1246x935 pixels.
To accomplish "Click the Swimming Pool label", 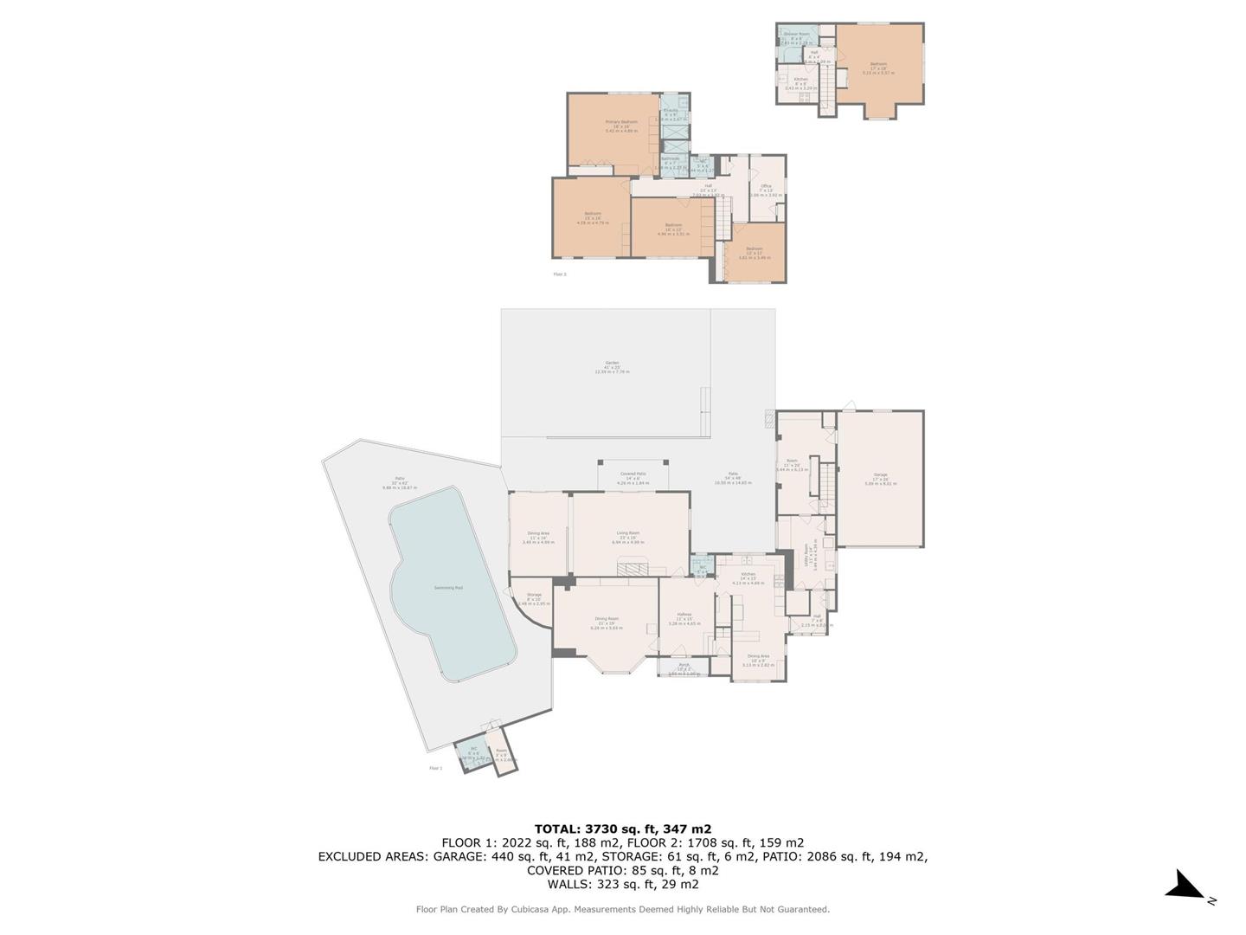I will coord(447,588).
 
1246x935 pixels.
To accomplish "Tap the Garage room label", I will coord(880,475).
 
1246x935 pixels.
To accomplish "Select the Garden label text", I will coord(612,363).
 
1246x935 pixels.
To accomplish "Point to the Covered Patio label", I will coord(633,474).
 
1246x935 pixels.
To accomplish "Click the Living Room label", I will coord(627,533).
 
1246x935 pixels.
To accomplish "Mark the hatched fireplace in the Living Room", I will coord(633,568).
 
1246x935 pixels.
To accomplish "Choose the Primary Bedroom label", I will coord(620,122).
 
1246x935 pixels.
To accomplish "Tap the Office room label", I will coord(766,186).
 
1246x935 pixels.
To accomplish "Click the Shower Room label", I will coord(796,34).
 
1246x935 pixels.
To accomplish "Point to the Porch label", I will coord(684,665).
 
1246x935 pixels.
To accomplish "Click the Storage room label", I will coord(534,595).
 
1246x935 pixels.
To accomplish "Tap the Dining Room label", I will coord(606,619).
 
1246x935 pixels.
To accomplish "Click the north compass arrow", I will coord(1185,886).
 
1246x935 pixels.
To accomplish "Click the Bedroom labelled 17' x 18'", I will coord(878,64).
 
